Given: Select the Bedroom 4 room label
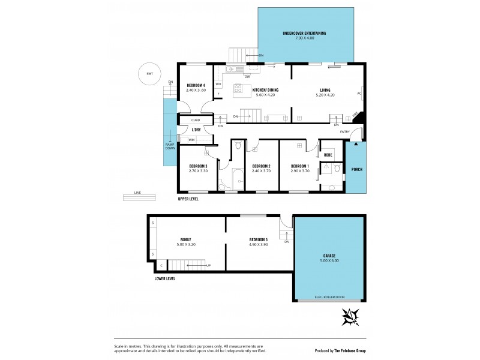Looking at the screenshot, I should pos(196,86).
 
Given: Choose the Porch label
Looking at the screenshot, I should pos(356,169).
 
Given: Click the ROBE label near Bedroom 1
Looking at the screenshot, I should pos(328,155).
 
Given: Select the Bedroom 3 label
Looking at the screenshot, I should pos(198,166).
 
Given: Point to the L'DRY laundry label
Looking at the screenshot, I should pos(196,130).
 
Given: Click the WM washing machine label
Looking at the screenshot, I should pos(191,140).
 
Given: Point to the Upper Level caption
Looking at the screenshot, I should pos(188,199).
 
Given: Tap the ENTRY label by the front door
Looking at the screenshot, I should pos(345,131).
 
